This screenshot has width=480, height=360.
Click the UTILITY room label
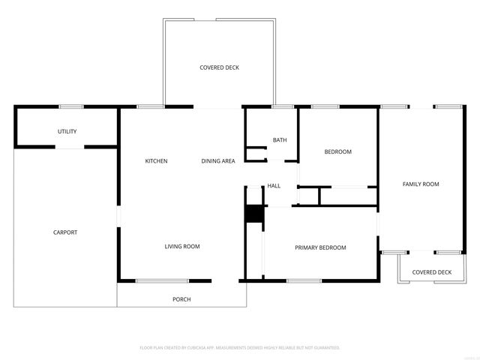click(x=67, y=131)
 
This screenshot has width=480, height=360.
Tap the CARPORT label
click(x=64, y=232)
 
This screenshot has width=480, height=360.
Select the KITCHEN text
click(x=156, y=161)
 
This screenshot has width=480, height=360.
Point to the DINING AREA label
click(x=218, y=161)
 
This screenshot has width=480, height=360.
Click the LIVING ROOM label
click(x=182, y=246)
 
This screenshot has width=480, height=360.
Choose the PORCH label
click(x=181, y=299)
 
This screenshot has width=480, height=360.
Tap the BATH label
click(x=280, y=140)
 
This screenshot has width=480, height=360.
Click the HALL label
click(x=274, y=186)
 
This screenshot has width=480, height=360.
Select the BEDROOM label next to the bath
click(x=337, y=152)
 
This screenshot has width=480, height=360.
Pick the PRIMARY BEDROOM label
click(x=320, y=247)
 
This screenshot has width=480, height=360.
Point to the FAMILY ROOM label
click(x=421, y=184)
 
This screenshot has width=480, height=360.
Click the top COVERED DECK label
click(x=219, y=67)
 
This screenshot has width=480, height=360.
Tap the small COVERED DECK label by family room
click(x=432, y=272)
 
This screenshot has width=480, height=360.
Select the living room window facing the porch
click(x=162, y=281)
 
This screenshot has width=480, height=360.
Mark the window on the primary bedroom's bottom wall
click(x=304, y=281)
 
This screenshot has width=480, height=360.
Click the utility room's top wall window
click(x=70, y=106)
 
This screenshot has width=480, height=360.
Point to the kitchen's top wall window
click(x=150, y=106)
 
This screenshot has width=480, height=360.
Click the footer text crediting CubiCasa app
click(x=240, y=347)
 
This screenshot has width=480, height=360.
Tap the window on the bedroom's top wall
click(x=325, y=106)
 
